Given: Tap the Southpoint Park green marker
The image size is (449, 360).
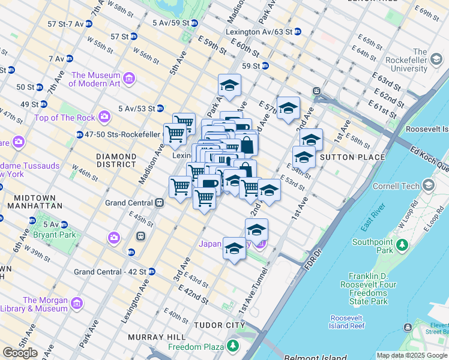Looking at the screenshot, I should tap(403, 246).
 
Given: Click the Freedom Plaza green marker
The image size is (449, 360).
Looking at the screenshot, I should tap(232, 346).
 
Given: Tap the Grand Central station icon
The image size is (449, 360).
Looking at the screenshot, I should tap(160, 203).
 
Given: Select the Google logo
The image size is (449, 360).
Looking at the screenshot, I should tap(20, 353).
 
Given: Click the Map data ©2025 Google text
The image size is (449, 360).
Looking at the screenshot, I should tap(411, 355).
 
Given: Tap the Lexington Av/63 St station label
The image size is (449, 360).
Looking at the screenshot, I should tap(259, 31).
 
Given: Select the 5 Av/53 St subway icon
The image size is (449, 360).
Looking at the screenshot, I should tap(160, 109).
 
